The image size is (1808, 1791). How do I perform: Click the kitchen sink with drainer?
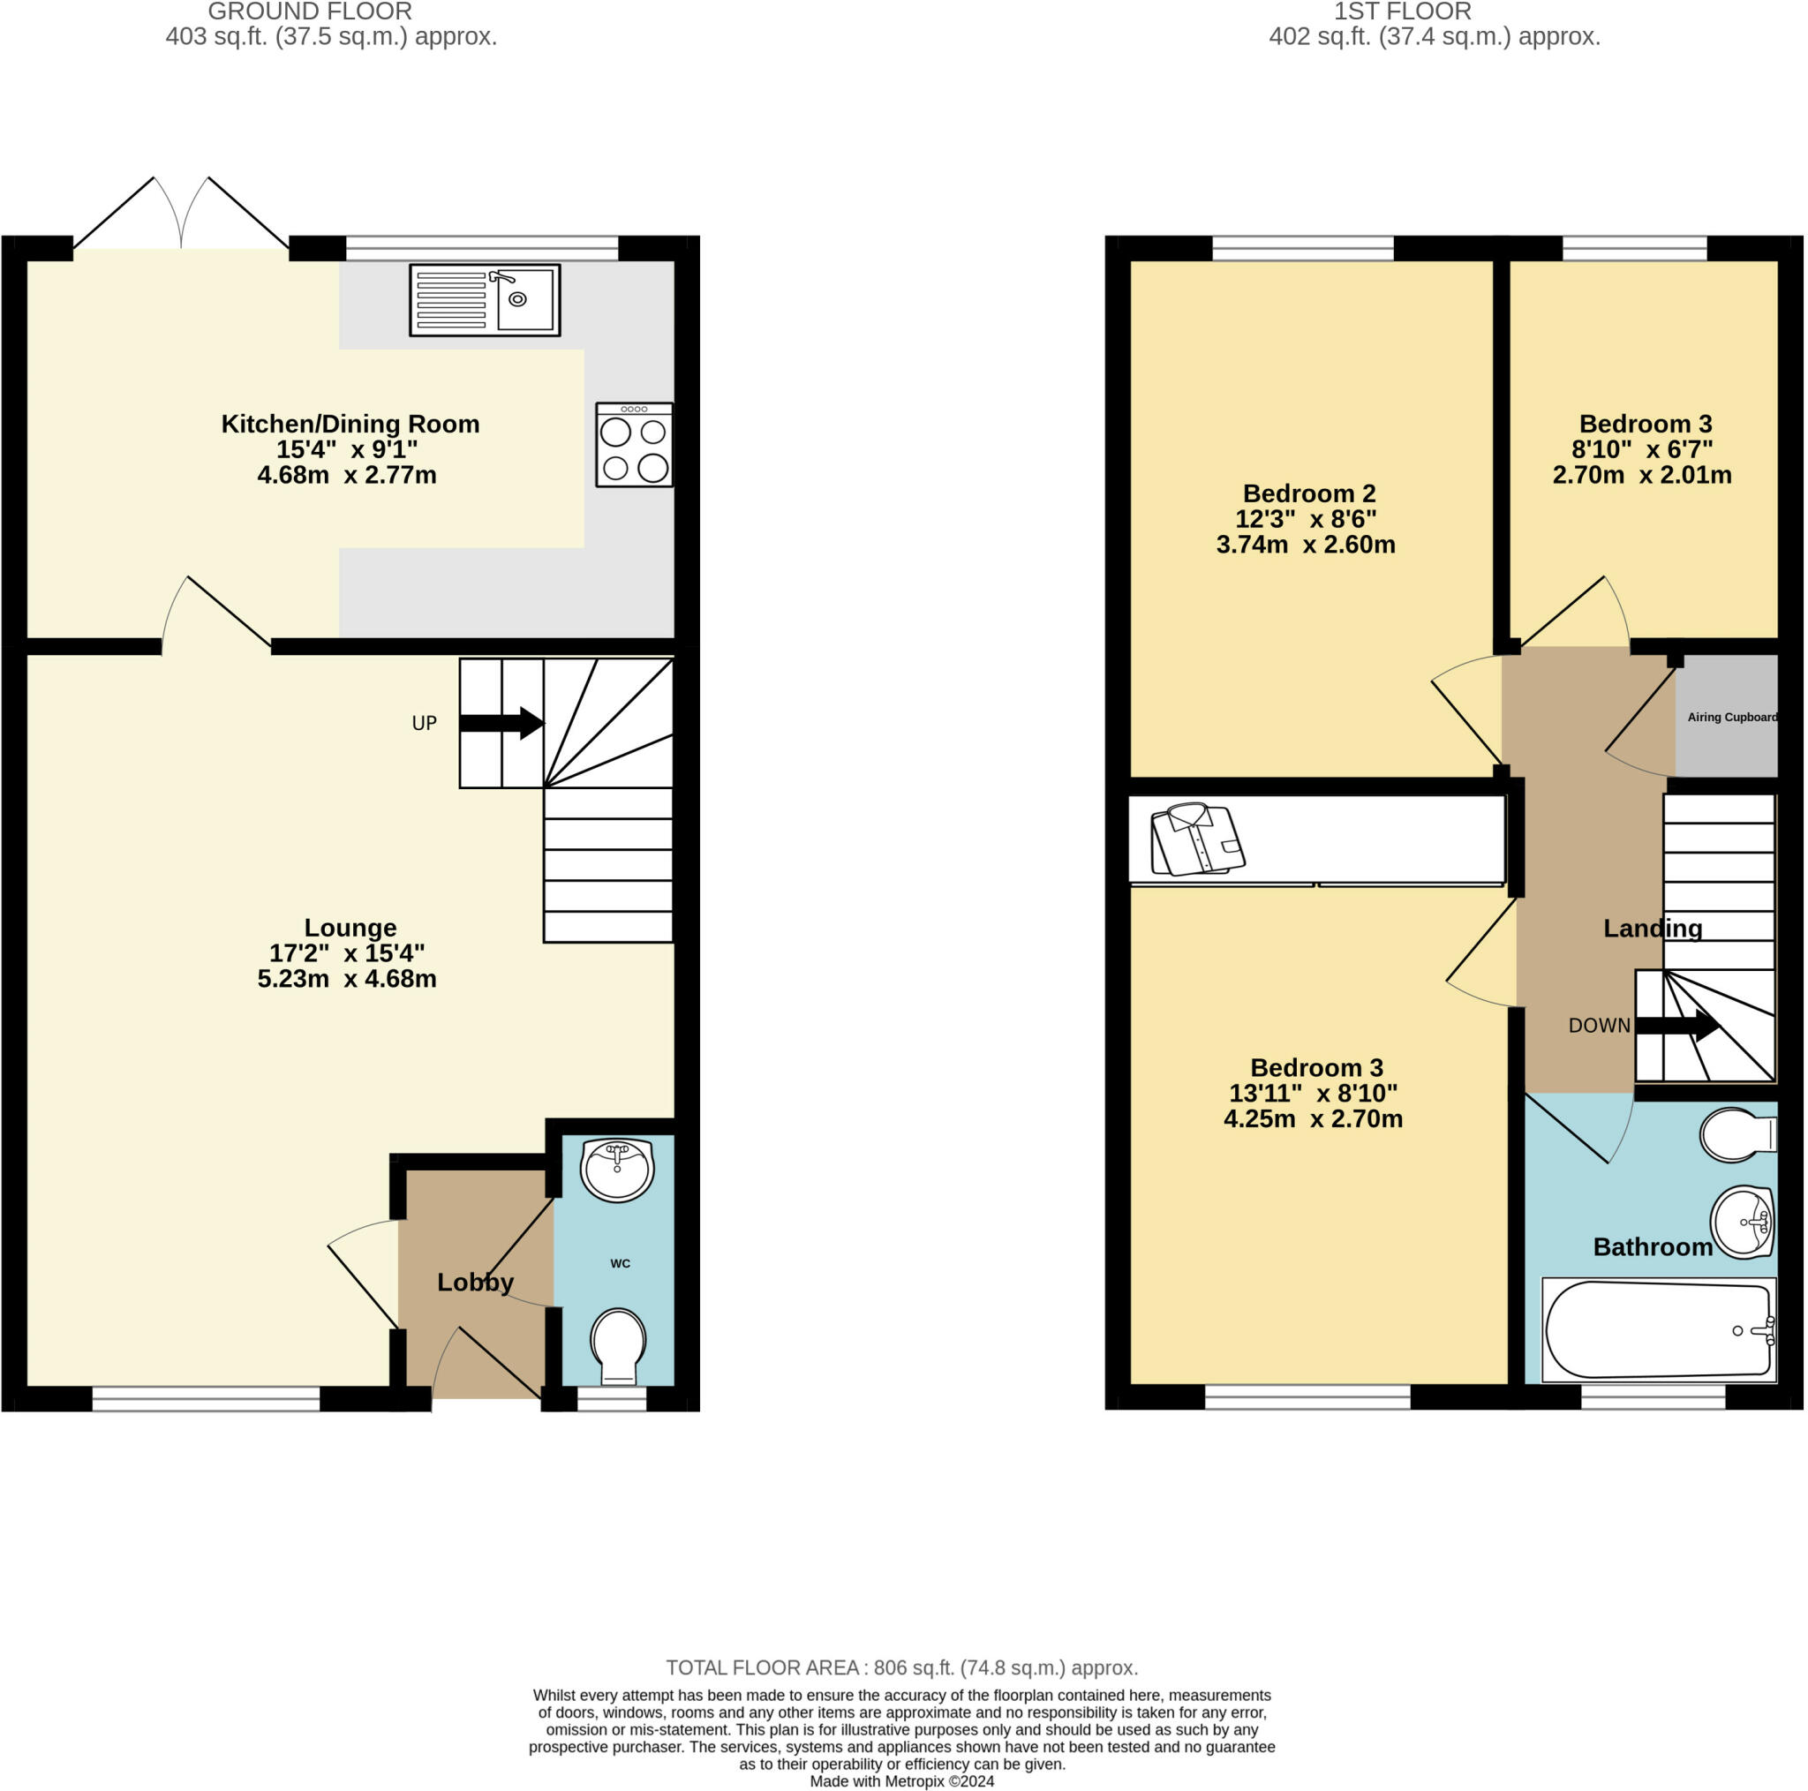485,299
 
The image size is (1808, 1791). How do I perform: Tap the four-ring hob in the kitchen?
634,446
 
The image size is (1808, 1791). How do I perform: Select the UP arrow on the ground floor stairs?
501,723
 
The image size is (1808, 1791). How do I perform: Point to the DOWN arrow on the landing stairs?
1679,1025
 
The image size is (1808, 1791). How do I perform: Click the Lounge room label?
350,929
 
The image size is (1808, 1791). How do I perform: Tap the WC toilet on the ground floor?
619,1345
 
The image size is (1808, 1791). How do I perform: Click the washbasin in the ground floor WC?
617,1169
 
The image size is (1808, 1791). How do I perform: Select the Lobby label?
476,1282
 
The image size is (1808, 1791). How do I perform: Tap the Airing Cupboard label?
1731,718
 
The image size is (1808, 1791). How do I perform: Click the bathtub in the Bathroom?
1657,1329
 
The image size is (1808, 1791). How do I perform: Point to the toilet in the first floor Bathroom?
1736,1135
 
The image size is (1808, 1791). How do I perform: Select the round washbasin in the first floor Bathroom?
1743,1222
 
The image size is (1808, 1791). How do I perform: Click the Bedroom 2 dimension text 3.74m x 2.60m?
1306,545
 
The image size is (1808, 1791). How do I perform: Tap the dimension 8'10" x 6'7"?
1641,449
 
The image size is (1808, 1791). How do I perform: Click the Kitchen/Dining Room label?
350,424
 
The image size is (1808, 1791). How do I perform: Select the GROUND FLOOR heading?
310,12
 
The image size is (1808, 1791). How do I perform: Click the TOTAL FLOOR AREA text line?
902,1667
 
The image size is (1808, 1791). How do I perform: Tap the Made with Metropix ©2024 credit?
902,1780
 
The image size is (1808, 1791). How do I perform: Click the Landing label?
1653,929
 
